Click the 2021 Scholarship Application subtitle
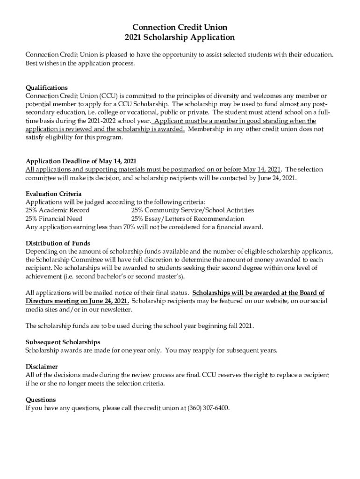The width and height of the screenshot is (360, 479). (180, 37)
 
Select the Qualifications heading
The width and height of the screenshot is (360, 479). (46, 87)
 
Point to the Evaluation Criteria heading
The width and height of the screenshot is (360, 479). (53, 194)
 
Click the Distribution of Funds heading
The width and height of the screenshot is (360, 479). (58, 243)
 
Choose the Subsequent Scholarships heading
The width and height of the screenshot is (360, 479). (63, 342)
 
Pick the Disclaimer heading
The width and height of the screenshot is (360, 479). (42, 367)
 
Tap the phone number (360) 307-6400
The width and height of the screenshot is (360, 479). (208, 408)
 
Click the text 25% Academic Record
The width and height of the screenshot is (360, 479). (57, 210)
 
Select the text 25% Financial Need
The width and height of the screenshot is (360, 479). (54, 218)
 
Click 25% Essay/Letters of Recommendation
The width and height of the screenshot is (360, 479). (187, 218)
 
